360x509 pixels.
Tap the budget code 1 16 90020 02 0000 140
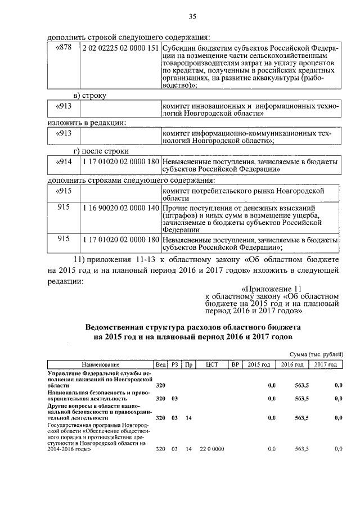(120, 208)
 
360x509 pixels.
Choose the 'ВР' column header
(235, 364)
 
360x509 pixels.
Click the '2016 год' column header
(292, 364)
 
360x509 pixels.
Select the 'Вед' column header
(160, 364)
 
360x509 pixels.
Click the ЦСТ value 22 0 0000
(211, 449)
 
